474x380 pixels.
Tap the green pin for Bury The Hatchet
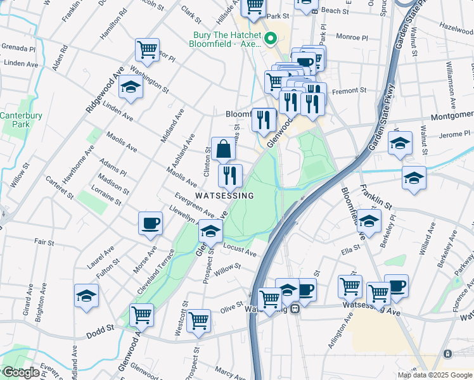point(271,39)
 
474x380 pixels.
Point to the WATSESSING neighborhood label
point(224,196)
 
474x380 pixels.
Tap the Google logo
point(21,372)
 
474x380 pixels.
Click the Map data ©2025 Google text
point(435,375)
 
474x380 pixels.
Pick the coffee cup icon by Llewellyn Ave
point(151,223)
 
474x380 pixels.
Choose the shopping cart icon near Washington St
point(147,49)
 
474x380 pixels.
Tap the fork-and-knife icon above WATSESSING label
point(230,175)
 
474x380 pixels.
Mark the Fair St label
point(44,242)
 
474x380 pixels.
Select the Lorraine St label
point(106,196)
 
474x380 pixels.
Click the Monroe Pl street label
point(352,37)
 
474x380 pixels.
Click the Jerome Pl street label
point(452,135)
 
